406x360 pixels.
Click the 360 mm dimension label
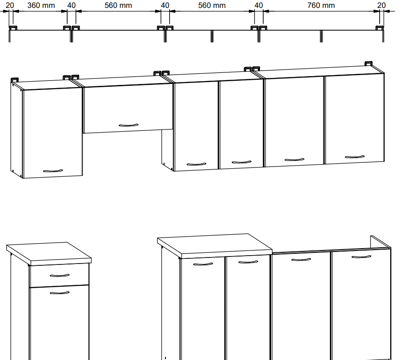pyautogui.click(x=41, y=5)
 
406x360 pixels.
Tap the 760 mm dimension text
pyautogui.click(x=321, y=5)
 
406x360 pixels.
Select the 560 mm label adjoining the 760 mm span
pyautogui.click(x=212, y=5)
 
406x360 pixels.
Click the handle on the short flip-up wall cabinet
pyautogui.click(x=128, y=125)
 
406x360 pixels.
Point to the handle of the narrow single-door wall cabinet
pyautogui.click(x=53, y=171)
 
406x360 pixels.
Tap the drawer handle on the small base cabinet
pyautogui.click(x=59, y=276)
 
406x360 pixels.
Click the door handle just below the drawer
pyautogui.click(x=59, y=293)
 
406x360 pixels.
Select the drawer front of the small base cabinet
pyautogui.click(x=59, y=275)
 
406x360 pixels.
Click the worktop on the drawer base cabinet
pyautogui.click(x=49, y=253)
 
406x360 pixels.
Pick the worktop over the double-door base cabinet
pyautogui.click(x=215, y=245)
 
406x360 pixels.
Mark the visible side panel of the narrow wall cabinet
pyautogui.click(x=17, y=130)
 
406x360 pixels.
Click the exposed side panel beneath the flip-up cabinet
pyautogui.click(x=167, y=150)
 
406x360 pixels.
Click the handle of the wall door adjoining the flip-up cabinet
pyautogui.click(x=197, y=164)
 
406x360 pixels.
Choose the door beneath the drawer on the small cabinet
pyautogui.click(x=59, y=322)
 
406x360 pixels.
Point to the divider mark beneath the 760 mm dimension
pyautogui.click(x=321, y=36)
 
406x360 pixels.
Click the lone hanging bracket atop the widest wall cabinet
pyautogui.click(x=368, y=64)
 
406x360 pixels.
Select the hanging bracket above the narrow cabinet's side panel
pyautogui.click(x=15, y=80)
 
